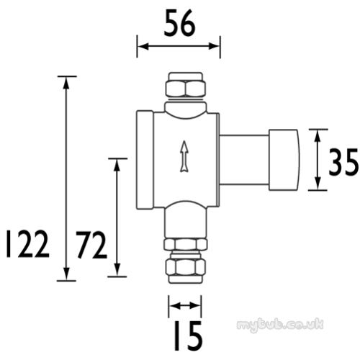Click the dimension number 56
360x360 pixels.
pos(179,24)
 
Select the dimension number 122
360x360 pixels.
pos(27,244)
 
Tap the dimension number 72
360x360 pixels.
pos(91,245)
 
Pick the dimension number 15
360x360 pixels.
pos(188,336)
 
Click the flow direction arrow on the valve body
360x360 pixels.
pos(184,156)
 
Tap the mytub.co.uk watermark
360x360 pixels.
pos(280,325)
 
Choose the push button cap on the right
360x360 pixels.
pos(284,160)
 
